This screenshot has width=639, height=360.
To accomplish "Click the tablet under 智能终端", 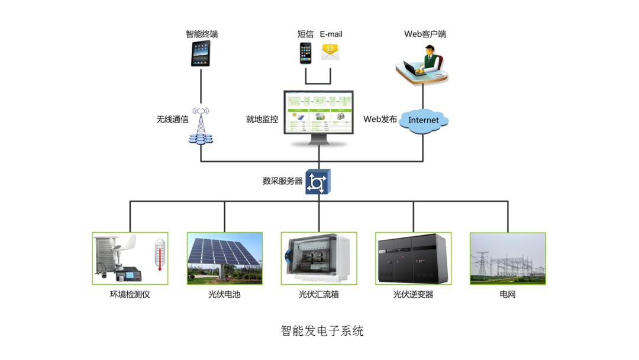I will (201, 54).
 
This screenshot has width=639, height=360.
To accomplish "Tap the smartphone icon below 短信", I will (305, 53).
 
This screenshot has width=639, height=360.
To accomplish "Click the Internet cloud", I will (424, 120).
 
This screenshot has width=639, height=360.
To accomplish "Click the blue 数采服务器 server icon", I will (318, 182).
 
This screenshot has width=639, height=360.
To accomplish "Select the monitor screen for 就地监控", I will (318, 112).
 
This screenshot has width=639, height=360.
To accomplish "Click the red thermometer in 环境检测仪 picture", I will (159, 255).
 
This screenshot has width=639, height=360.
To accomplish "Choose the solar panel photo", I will (225, 258).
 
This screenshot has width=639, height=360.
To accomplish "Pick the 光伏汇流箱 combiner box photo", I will (319, 258).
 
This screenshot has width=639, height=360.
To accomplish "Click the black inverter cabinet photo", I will (413, 258).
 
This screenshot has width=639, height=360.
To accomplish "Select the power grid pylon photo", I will (508, 258).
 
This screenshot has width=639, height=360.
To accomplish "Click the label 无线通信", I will (172, 119).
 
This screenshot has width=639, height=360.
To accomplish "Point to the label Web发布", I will (379, 119).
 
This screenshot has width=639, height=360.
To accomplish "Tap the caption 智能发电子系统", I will (322, 331).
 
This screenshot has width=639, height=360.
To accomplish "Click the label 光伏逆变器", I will (413, 294).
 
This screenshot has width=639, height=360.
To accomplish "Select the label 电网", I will (508, 294).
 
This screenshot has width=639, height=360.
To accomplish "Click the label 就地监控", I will (262, 119).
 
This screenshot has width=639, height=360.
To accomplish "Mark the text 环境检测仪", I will (130, 294).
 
